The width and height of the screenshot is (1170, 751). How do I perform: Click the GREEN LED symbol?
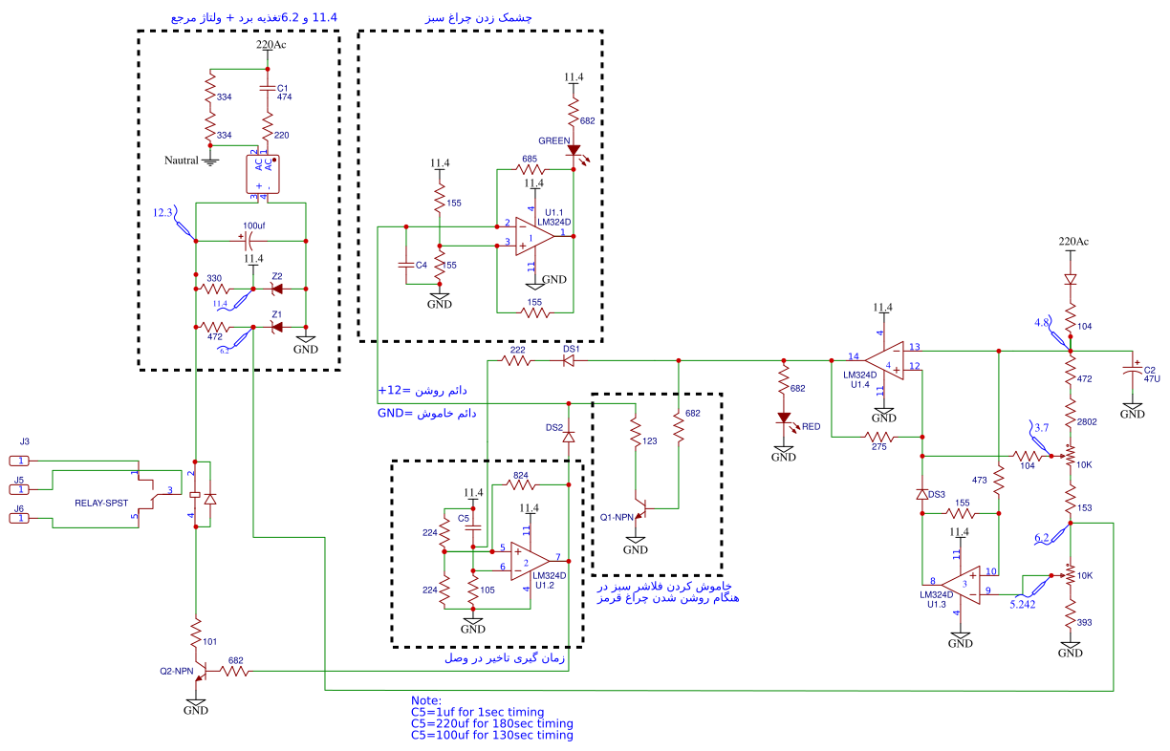[x=574, y=150]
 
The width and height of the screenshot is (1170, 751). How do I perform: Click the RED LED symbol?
[x=784, y=418]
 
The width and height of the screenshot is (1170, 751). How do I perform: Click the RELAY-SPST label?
[x=101, y=503]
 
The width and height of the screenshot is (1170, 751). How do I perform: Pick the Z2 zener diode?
[x=278, y=289]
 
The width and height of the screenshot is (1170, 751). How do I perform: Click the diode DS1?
[x=570, y=360]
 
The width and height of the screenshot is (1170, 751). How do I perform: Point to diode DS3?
[x=922, y=495]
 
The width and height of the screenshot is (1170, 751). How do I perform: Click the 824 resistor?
[x=521, y=483]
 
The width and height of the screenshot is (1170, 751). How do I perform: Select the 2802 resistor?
[x=1071, y=420]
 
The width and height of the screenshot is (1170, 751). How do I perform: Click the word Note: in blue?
[x=426, y=700]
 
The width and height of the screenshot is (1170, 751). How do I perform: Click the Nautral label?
[x=182, y=161]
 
